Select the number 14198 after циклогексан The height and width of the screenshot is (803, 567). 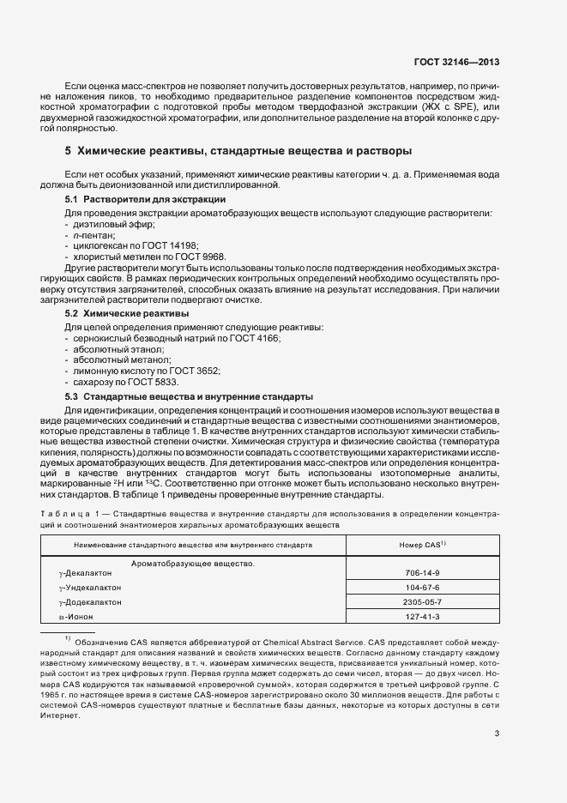coord(186,245)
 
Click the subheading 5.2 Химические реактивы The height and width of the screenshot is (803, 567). coord(127,315)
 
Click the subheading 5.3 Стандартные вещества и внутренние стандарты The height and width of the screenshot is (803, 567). coord(189,397)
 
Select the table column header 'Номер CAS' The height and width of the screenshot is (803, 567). coord(420,545)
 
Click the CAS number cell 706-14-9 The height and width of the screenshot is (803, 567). coord(421,573)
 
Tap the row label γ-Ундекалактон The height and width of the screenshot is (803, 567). coord(89,588)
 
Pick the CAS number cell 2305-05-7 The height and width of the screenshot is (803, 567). coord(421,602)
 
